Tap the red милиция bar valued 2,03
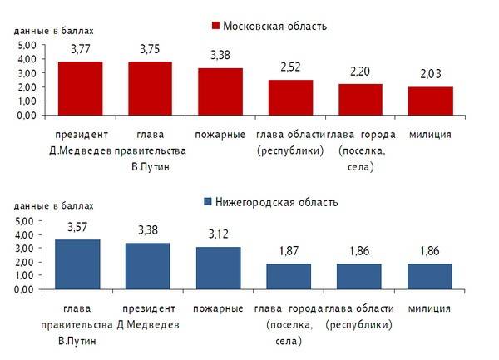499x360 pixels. click(430, 101)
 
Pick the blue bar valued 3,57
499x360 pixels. click(77, 264)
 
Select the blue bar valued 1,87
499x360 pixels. click(289, 276)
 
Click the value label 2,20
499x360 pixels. click(360, 73)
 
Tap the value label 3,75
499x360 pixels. click(150, 49)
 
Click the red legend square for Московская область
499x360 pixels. click(215, 26)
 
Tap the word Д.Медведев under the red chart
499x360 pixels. click(80, 150)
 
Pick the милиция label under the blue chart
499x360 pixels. click(429, 308)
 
